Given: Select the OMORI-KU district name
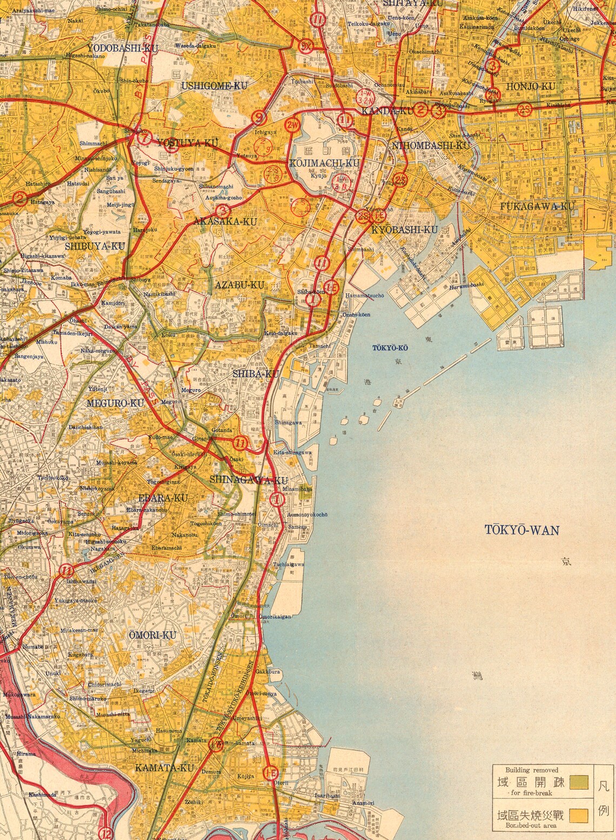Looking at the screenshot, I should click(x=152, y=635).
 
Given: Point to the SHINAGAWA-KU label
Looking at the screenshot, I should click(x=240, y=480).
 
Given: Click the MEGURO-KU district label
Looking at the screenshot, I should click(x=116, y=403).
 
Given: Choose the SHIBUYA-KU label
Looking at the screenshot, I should click(x=95, y=246).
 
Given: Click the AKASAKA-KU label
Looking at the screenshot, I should click(x=226, y=221).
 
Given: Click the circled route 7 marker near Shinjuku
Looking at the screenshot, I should click(x=144, y=137).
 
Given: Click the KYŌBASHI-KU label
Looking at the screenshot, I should click(x=405, y=230).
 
